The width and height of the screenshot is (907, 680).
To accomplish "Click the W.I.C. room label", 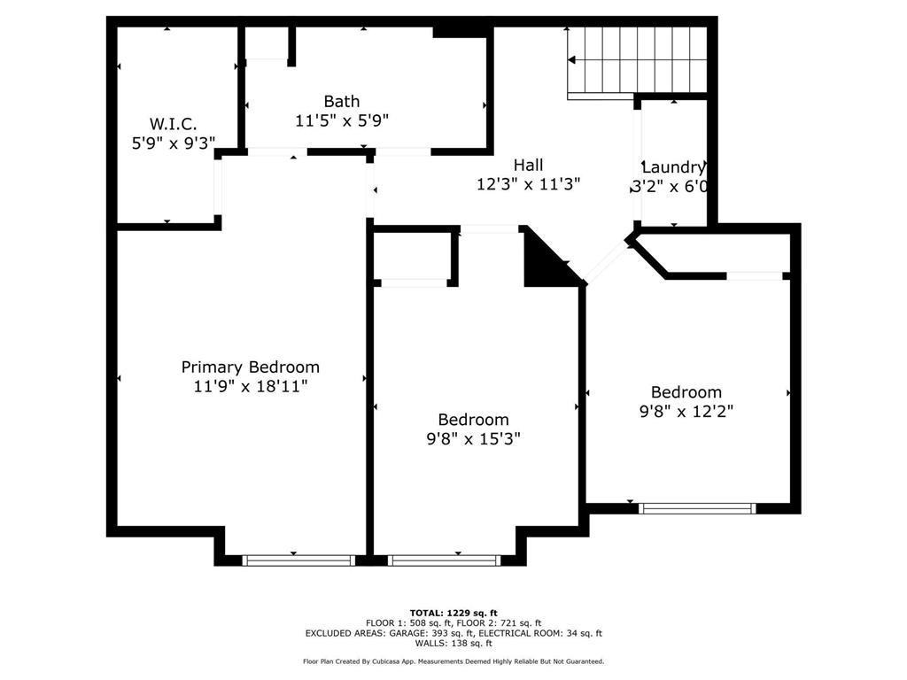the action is click(x=173, y=124).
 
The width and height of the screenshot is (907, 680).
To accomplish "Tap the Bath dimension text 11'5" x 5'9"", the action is click(x=342, y=120).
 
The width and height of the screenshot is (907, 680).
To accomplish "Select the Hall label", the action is click(x=528, y=166).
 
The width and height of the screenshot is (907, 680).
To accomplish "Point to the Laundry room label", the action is click(x=674, y=167).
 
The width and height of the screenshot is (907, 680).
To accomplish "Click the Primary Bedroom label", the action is click(x=250, y=367).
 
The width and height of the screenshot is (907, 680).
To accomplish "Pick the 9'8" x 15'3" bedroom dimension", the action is click(x=473, y=439).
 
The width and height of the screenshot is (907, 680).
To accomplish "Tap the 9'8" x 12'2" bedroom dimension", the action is click(x=686, y=411).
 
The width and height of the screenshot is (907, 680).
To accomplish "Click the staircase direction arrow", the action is click(x=571, y=59).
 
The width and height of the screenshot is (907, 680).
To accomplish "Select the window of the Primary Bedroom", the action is click(x=298, y=560).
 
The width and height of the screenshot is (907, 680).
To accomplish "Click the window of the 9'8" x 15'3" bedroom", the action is click(x=445, y=560).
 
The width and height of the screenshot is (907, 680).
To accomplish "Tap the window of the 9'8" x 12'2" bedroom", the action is click(x=697, y=508).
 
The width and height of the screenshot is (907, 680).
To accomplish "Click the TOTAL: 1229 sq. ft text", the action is click(x=453, y=613).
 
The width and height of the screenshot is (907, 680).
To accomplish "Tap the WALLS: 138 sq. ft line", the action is click(x=453, y=643).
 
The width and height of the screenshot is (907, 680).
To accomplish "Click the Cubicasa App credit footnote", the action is click(x=453, y=661).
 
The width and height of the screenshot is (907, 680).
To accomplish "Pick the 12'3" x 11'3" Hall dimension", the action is click(x=528, y=184).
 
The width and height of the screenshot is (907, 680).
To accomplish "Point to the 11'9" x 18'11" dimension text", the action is click(x=250, y=386).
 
